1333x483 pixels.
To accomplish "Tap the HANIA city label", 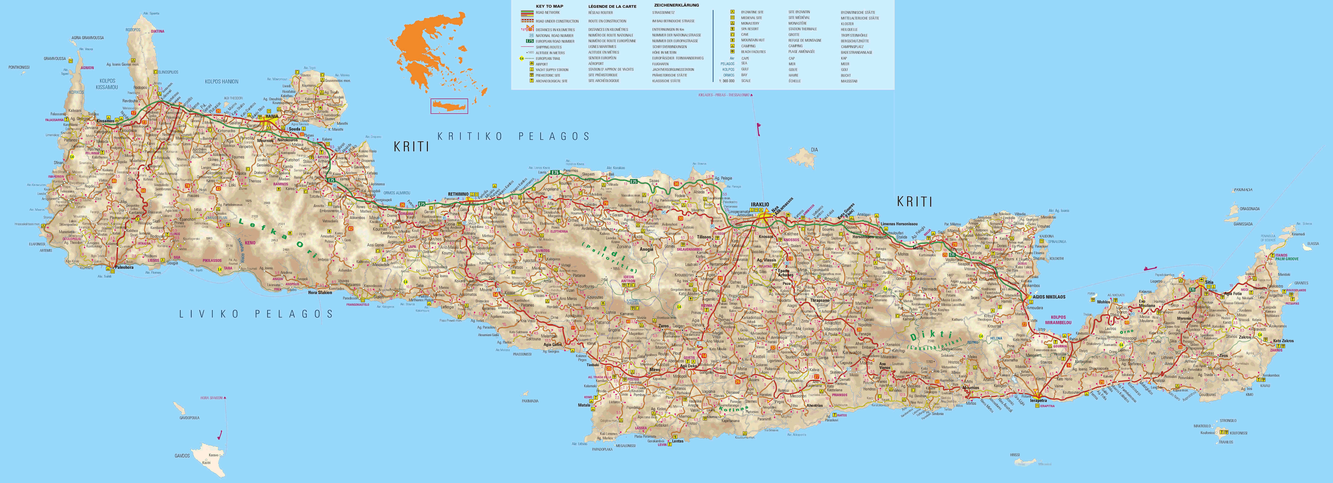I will (272, 116).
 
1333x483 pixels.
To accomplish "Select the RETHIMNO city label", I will (458, 194).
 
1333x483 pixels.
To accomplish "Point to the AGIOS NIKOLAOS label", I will (1049, 297).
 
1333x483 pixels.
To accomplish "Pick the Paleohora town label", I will (124, 267).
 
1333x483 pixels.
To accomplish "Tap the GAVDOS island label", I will (182, 456).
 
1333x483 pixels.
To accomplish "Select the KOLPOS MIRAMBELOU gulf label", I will (1058, 320).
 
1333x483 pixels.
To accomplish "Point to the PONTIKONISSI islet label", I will (19, 67).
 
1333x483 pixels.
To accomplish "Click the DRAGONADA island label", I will (1250, 209).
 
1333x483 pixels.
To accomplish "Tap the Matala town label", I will (584, 405).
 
